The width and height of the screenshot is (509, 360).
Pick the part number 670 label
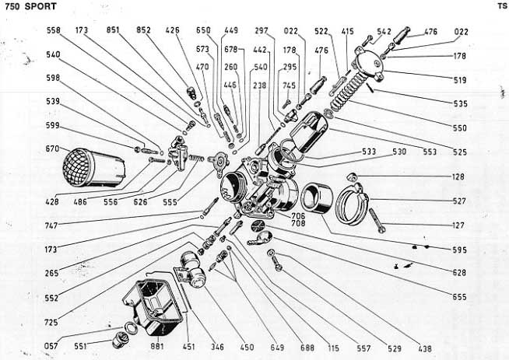pyautogui.click(x=53, y=149)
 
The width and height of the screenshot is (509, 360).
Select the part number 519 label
pyautogui.click(x=460, y=80)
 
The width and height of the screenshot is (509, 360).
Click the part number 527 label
pyautogui.click(x=460, y=201)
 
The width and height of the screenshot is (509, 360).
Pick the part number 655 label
pyautogui.click(x=460, y=298)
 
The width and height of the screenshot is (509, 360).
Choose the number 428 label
pyautogui.click(x=53, y=202)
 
